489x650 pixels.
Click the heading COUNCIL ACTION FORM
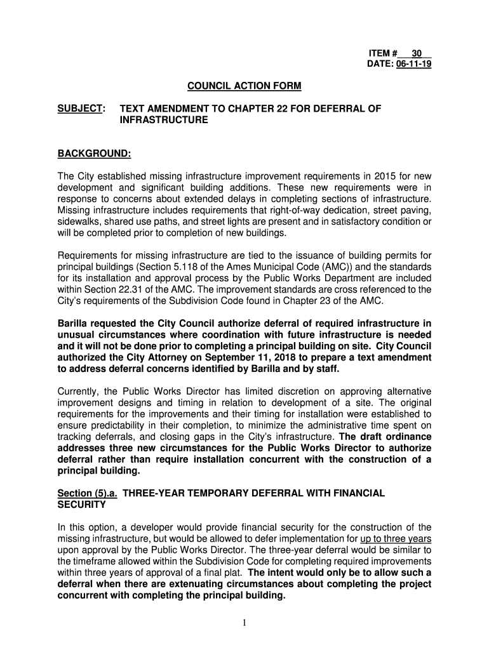pyautogui.click(x=244, y=86)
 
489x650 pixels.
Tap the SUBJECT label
pyautogui.click(x=80, y=109)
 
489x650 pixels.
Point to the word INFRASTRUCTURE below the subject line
pyautogui.click(x=164, y=119)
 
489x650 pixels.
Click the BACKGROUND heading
pyautogui.click(x=95, y=153)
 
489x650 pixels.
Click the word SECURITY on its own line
pyautogui.click(x=82, y=505)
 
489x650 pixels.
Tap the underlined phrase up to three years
pyautogui.click(x=396, y=539)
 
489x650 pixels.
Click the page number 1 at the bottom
pyautogui.click(x=245, y=623)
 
